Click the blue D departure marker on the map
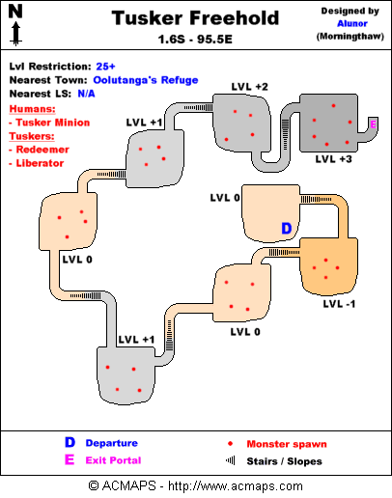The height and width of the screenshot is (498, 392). click(286, 228)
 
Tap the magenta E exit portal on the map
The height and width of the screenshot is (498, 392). click(373, 124)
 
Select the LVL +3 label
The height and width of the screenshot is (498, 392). click(333, 159)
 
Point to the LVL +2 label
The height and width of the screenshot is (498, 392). click(249, 87)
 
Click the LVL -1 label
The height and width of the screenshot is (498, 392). click(339, 304)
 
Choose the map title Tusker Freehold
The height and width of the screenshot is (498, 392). click(195, 18)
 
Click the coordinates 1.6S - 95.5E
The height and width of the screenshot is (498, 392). click(195, 40)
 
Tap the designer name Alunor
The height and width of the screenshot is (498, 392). click(352, 23)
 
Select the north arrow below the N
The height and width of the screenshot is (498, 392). click(15, 34)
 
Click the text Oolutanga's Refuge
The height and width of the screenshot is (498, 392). click(146, 80)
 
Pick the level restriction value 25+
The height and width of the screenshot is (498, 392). click(105, 67)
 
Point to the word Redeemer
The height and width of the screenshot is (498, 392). click(42, 150)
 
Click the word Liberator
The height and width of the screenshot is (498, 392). click(40, 163)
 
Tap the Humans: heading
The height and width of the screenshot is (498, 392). click(32, 109)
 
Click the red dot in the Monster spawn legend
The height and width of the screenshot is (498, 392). click(230, 444)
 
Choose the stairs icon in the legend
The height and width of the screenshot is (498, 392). click(231, 460)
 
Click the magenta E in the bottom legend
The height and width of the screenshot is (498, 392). click(70, 459)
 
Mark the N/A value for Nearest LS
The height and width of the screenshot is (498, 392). click(86, 94)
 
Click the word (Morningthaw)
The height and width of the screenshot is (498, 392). click(350, 37)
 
